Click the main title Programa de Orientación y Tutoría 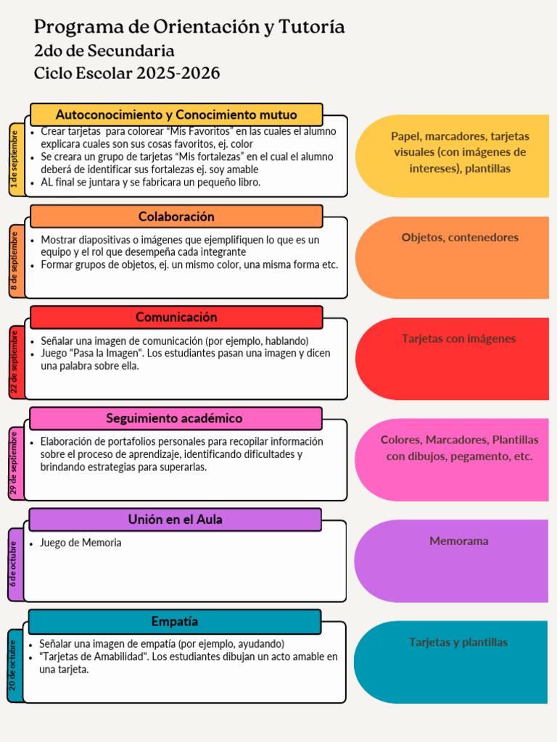[x=189, y=28]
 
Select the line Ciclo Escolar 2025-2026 [x=127, y=73]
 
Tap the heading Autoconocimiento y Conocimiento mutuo [x=176, y=114]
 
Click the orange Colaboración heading [x=176, y=216]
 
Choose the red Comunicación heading [x=176, y=317]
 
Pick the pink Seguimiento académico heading [x=174, y=418]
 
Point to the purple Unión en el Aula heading [x=175, y=520]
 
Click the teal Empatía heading [x=175, y=621]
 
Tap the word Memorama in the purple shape [x=458, y=541]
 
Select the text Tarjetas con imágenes [x=458, y=338]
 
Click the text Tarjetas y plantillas [x=458, y=642]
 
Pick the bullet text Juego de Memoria [x=81, y=543]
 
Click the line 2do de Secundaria [x=104, y=51]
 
